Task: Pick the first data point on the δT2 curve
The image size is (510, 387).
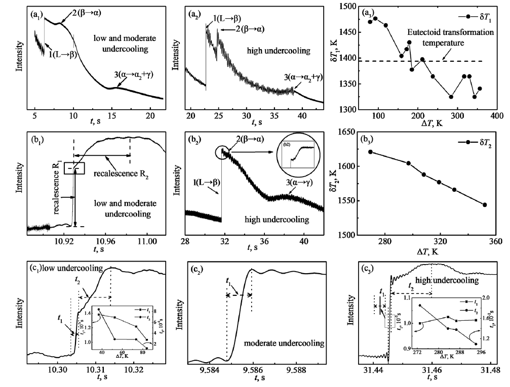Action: (371, 152)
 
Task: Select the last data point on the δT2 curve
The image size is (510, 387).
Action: (485, 205)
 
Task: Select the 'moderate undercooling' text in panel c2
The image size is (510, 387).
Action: (291, 343)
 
